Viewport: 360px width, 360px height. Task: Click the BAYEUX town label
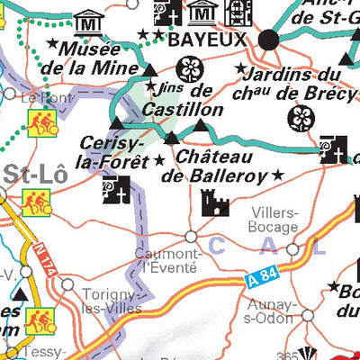click(206, 40)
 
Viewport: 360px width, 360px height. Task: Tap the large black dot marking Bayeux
click(268, 40)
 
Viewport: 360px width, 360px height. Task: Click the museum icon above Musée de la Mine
click(87, 19)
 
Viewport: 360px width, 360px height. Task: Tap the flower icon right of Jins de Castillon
click(190, 70)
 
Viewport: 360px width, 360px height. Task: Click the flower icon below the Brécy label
click(300, 117)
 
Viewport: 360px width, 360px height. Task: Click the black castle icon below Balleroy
click(214, 203)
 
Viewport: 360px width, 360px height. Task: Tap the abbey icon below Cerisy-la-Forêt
click(117, 190)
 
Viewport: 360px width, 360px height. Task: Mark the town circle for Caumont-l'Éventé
click(191, 237)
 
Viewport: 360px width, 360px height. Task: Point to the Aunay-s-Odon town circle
click(308, 316)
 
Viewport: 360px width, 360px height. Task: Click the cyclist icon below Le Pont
click(40, 123)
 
